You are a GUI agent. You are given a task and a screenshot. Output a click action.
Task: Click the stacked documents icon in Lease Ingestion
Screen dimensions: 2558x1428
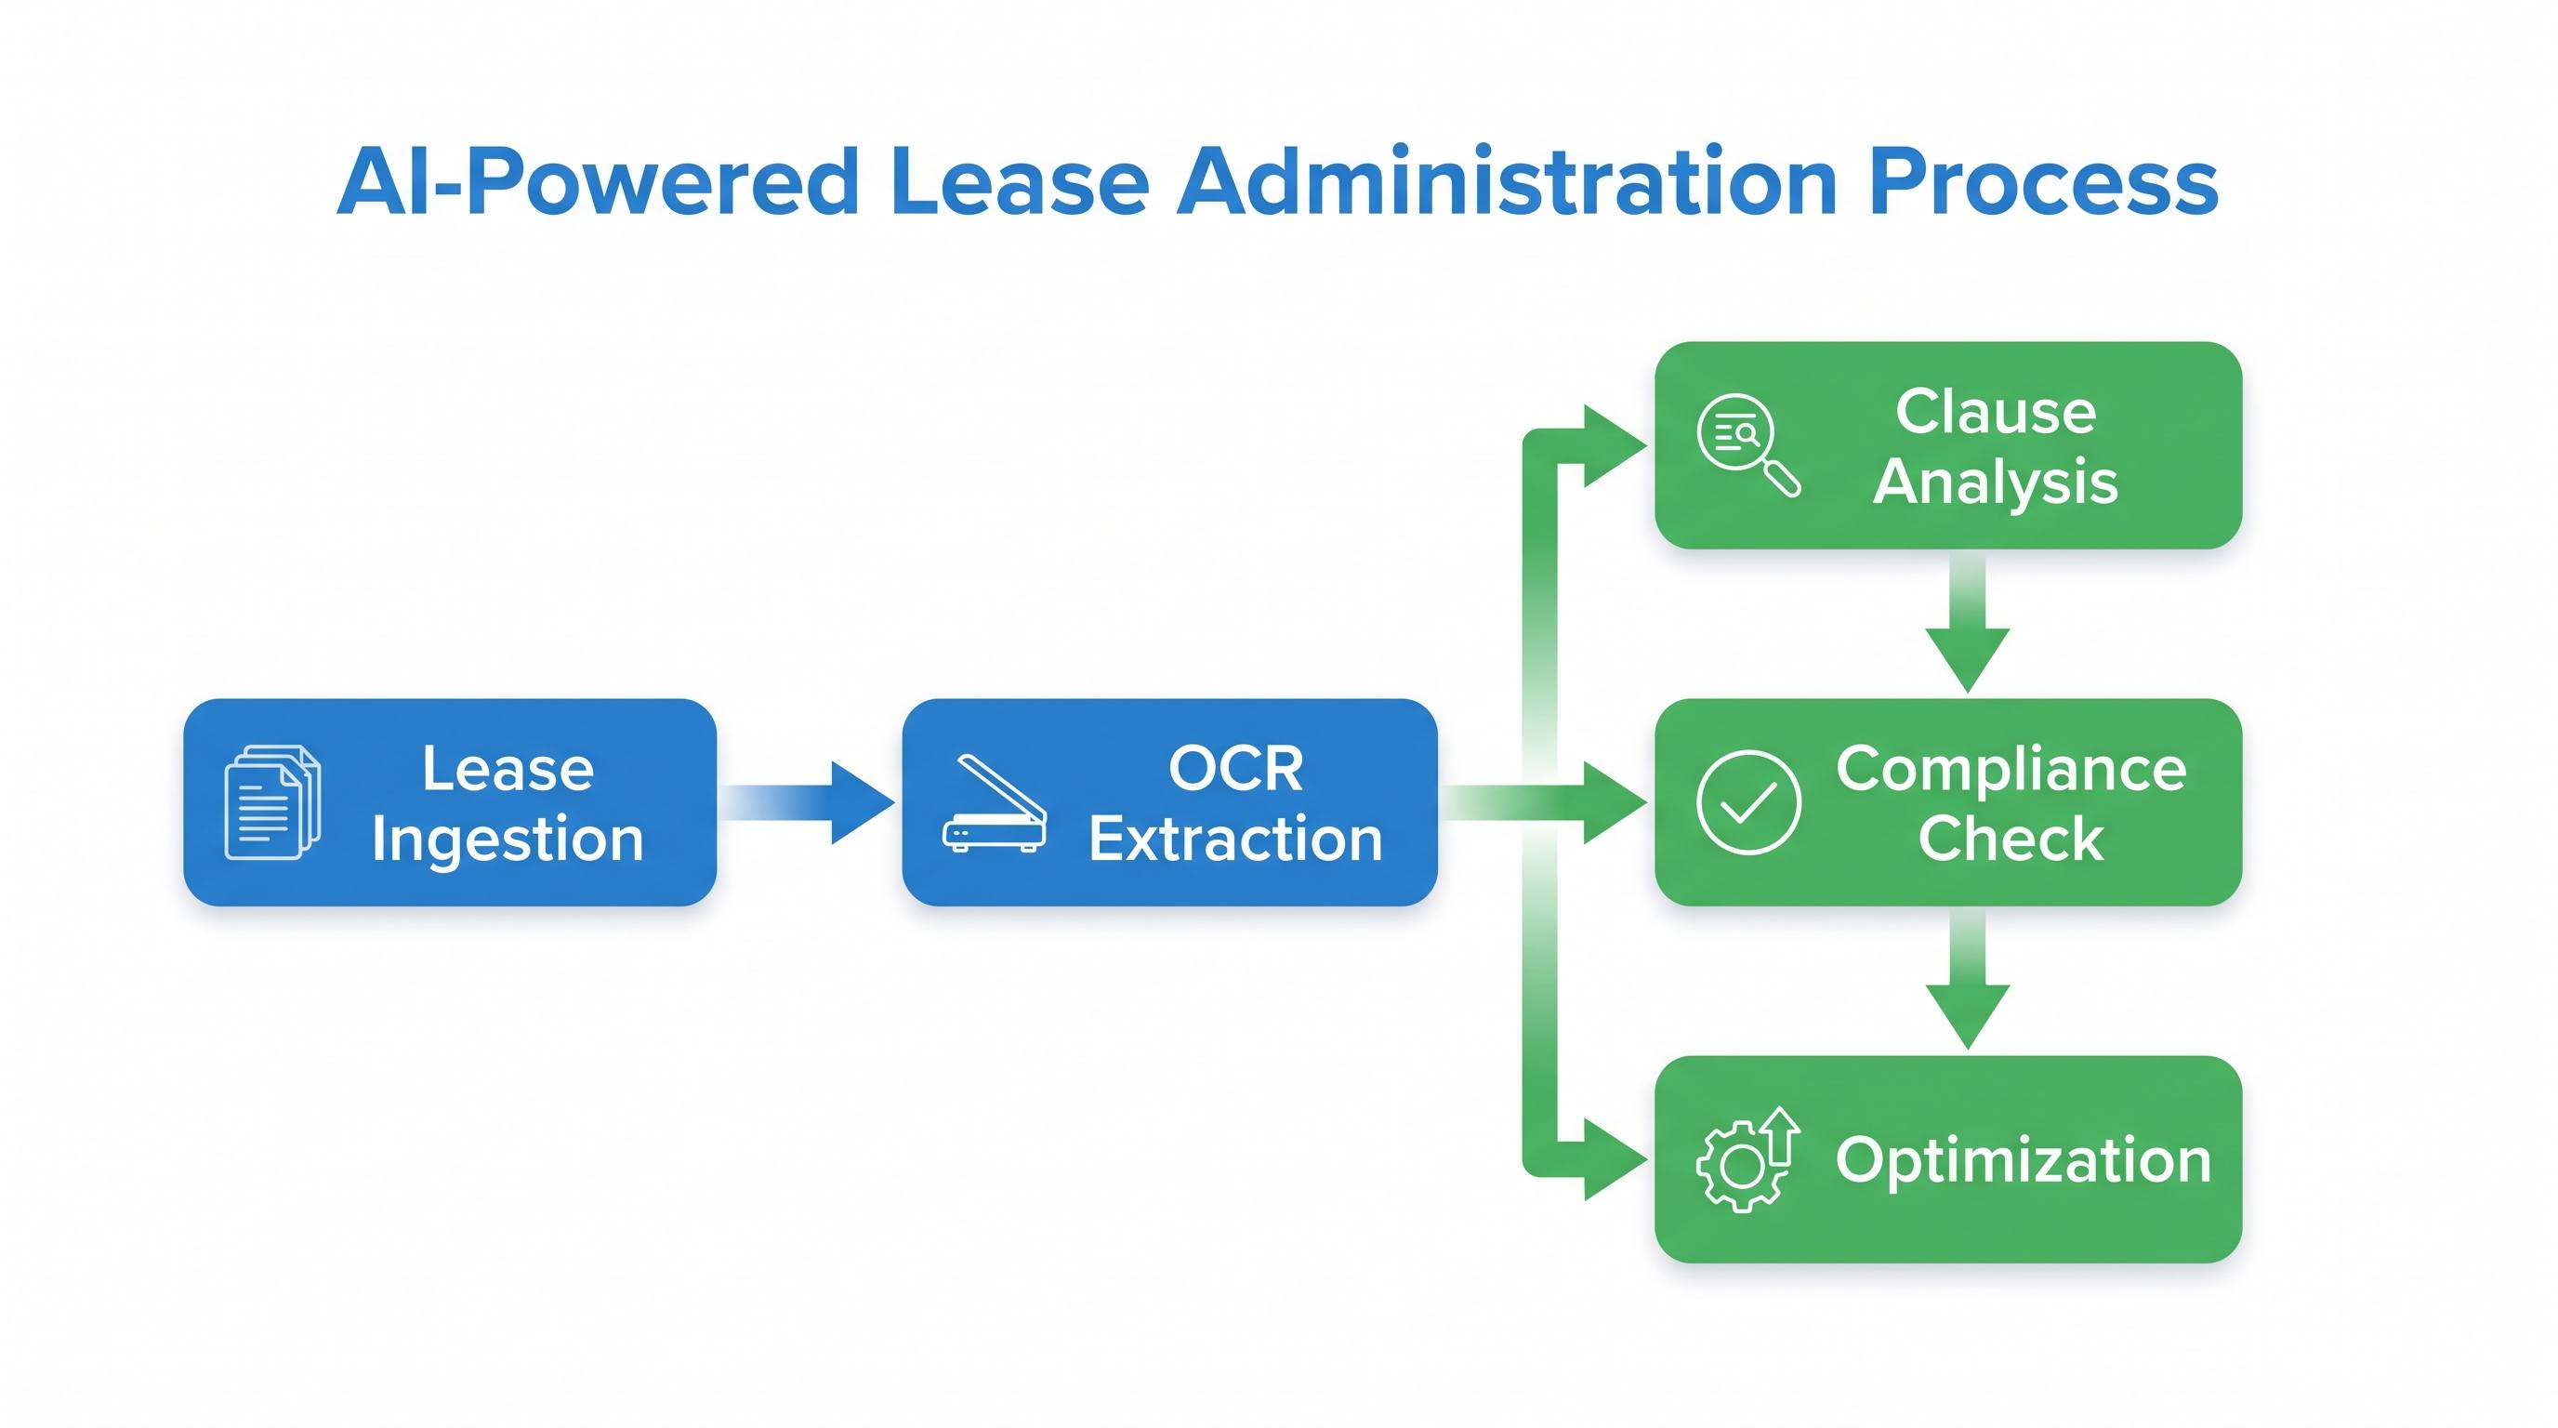coord(273,801)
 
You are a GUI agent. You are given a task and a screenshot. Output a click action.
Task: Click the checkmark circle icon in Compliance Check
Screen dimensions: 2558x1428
coord(1748,801)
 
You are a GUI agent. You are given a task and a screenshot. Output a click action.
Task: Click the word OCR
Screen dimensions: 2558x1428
coord(1235,768)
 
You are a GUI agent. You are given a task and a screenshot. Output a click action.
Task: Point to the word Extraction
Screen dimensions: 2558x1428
coord(1235,840)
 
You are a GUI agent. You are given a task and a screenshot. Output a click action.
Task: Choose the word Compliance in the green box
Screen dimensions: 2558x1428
coord(2011,770)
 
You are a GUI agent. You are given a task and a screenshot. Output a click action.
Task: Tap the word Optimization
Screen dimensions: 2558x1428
coord(2023,1161)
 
